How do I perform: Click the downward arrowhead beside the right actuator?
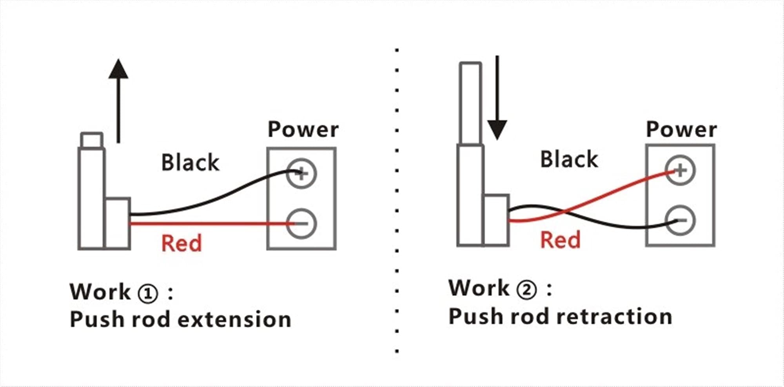click(497, 130)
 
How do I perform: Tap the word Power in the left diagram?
click(303, 129)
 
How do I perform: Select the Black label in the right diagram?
click(569, 159)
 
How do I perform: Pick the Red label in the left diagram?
click(181, 243)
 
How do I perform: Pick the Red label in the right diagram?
click(560, 240)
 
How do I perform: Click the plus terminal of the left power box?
click(301, 173)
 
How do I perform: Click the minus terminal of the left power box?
click(301, 223)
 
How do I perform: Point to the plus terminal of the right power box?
click(681, 170)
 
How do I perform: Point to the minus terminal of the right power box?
click(681, 220)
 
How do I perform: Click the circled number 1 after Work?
click(148, 293)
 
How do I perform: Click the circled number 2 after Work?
click(526, 290)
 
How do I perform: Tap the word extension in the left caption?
click(235, 319)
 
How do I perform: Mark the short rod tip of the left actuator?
click(92, 140)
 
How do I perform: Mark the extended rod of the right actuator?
click(470, 104)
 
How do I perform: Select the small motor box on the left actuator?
click(118, 223)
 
